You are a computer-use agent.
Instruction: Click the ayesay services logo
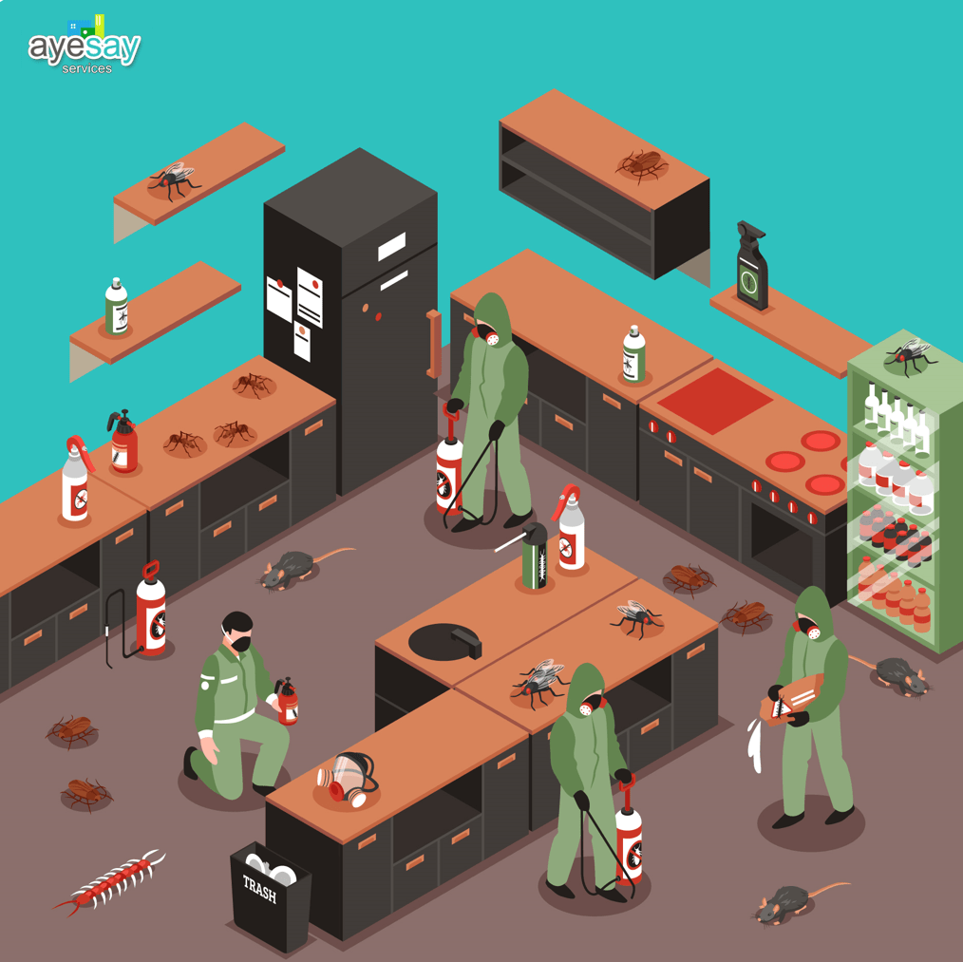85,47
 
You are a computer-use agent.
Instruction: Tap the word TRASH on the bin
259,889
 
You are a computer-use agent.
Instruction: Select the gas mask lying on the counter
347,779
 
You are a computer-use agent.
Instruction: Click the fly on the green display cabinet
910,356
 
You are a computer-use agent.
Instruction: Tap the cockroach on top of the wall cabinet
642,164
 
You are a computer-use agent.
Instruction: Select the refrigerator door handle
434,344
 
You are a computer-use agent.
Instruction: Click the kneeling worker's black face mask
241,644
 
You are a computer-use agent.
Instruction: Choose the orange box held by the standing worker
791,699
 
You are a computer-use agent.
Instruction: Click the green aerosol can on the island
535,556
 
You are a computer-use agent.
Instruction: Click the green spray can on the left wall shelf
116,306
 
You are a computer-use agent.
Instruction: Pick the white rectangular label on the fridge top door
391,246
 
